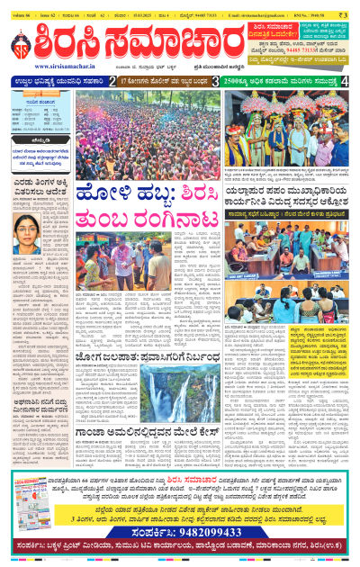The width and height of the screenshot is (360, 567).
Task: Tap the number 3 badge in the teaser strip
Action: (x=215, y=81)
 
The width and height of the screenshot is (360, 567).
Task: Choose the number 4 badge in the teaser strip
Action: (x=346, y=81)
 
